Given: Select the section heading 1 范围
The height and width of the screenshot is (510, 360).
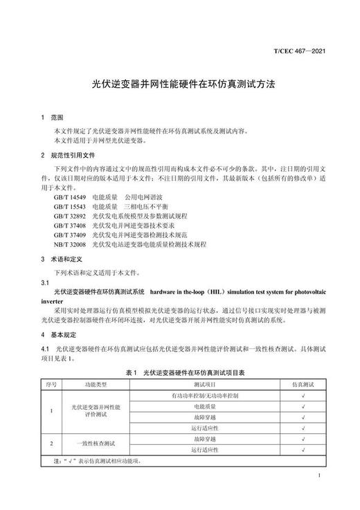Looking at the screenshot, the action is [52, 117].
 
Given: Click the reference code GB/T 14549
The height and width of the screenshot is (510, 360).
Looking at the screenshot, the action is [69, 197].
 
